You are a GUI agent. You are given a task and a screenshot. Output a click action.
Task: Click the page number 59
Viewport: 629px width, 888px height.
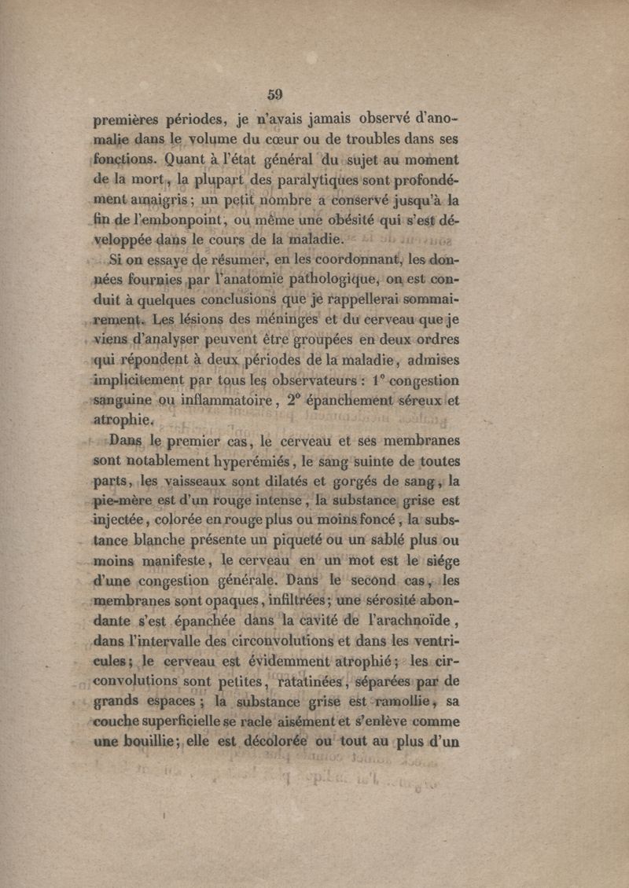pyautogui.click(x=274, y=94)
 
